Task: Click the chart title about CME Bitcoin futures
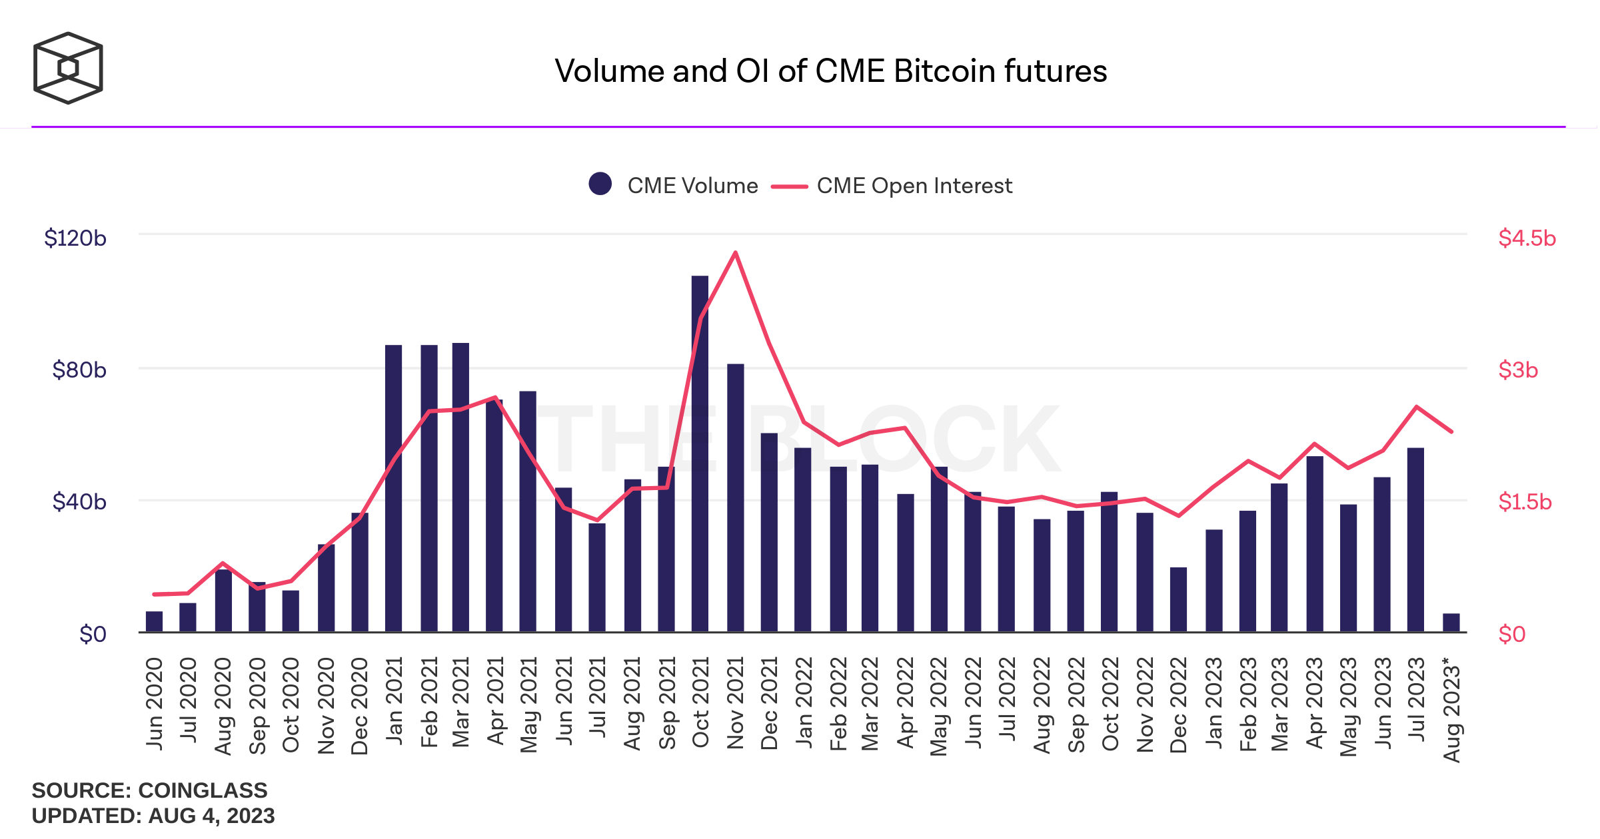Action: pyautogui.click(x=830, y=71)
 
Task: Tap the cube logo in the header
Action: pyautogui.click(x=68, y=68)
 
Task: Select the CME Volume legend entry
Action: pyautogui.click(x=674, y=185)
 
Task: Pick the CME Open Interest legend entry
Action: pyautogui.click(x=893, y=185)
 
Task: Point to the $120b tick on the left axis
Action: pyautogui.click(x=75, y=238)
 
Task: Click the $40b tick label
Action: pyautogui.click(x=79, y=501)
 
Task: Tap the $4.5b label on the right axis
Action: pyautogui.click(x=1527, y=238)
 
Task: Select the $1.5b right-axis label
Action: pyautogui.click(x=1525, y=501)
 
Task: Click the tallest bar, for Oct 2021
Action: pyautogui.click(x=700, y=453)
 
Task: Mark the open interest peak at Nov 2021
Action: pyautogui.click(x=735, y=252)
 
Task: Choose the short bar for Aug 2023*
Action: pyautogui.click(x=1451, y=623)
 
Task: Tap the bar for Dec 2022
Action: pyautogui.click(x=1178, y=599)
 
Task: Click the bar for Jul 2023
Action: pyautogui.click(x=1415, y=539)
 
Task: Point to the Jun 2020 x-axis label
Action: pyautogui.click(x=155, y=704)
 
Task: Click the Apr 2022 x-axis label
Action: pyautogui.click(x=906, y=704)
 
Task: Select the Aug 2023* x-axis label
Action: pyautogui.click(x=1451, y=709)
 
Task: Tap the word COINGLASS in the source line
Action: pyautogui.click(x=203, y=790)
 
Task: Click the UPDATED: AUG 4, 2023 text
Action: pyautogui.click(x=153, y=816)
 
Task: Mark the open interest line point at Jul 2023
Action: pyautogui.click(x=1416, y=406)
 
